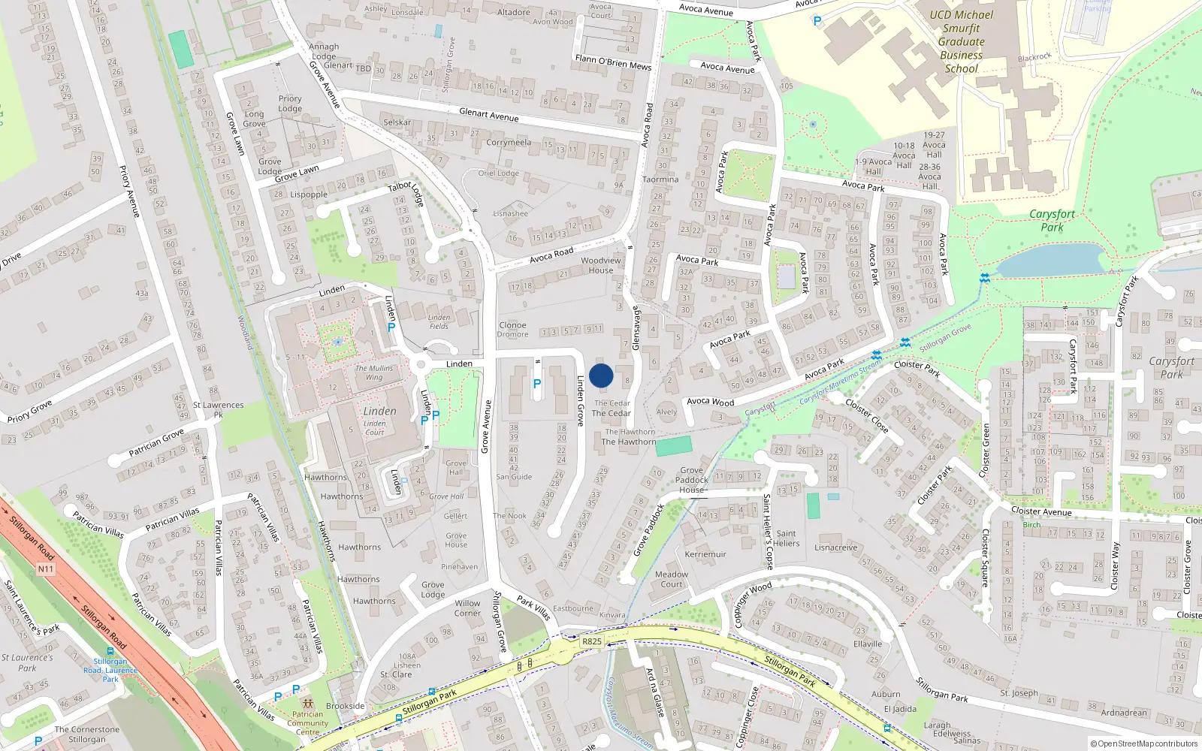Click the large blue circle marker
601,375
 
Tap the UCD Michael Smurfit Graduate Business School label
961,41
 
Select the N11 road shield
46,569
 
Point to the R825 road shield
592,641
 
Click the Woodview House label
601,266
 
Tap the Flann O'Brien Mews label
613,62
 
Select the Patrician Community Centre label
308,723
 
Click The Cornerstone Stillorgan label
86,734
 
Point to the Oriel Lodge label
499,173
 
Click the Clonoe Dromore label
512,330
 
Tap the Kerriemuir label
705,554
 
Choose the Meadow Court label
672,579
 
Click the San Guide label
514,477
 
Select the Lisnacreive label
835,547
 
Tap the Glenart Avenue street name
489,114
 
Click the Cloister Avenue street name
1041,511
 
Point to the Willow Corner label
467,608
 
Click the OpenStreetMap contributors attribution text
1147,744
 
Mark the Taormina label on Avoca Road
660,179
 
